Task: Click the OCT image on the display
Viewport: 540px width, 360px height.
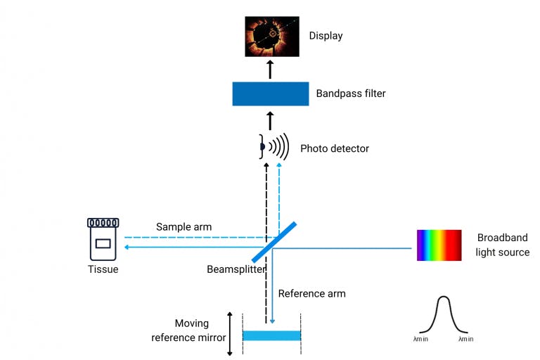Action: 271,37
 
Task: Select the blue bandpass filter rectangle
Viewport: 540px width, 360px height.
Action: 271,94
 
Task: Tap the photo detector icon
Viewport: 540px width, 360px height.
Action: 274,147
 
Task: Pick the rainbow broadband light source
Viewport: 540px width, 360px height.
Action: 439,245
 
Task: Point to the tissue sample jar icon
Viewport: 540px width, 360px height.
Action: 103,239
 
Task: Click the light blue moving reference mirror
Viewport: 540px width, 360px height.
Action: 271,335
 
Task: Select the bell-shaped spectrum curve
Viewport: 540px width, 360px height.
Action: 443,316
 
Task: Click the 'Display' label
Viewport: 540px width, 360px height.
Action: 326,36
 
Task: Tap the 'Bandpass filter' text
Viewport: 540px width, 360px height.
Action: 351,94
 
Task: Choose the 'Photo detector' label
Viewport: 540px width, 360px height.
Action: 335,148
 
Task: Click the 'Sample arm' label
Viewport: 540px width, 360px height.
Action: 184,227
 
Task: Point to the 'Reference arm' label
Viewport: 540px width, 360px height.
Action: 311,293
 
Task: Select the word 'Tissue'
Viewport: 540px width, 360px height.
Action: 103,269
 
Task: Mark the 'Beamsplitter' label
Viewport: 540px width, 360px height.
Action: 236,269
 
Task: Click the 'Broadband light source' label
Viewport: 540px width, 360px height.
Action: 502,245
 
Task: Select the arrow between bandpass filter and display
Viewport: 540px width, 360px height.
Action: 271,69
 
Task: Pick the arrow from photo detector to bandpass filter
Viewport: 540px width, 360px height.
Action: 271,120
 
